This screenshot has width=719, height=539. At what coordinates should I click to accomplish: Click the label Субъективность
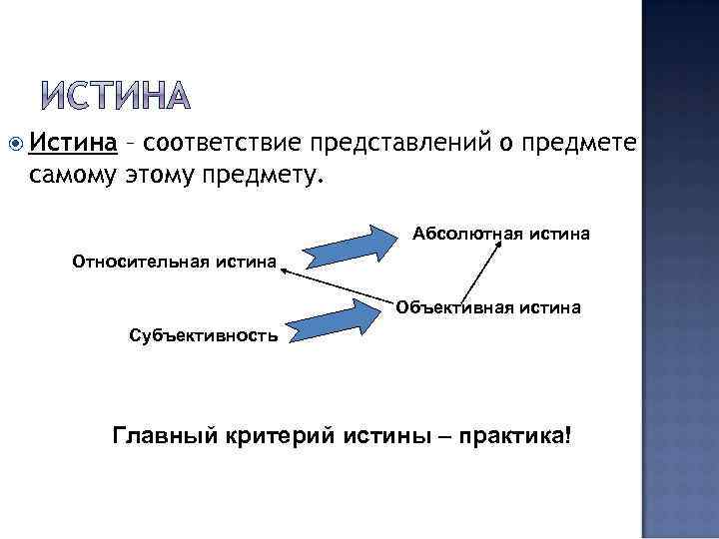coord(204,335)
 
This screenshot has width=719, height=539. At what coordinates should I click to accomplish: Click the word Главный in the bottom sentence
coord(160,436)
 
